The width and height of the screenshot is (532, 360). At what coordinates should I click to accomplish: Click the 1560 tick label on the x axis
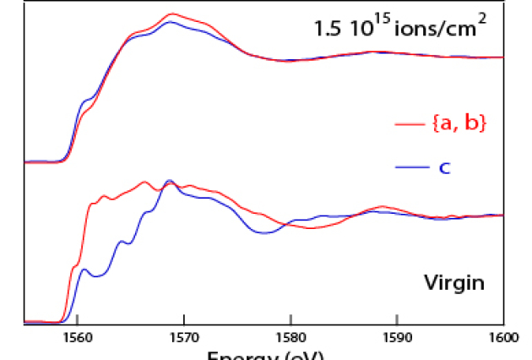point(77,335)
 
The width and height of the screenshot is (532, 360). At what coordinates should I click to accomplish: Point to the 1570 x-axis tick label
point(183,335)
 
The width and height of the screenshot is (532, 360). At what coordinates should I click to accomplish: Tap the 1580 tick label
point(290,335)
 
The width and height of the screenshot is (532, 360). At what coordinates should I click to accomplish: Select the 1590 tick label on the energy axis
point(397,335)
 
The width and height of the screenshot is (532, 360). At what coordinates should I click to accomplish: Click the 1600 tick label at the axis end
point(503,335)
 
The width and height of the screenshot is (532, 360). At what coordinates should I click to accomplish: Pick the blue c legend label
point(443,167)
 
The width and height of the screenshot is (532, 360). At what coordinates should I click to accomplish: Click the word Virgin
point(453,281)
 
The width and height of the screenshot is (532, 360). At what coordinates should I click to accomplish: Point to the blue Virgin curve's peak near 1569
point(169,181)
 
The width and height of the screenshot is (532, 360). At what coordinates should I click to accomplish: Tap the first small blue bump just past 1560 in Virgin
point(84,270)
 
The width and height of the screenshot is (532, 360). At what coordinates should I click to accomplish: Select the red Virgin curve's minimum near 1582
point(310,228)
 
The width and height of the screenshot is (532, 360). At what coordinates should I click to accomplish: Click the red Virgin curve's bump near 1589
point(383,206)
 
